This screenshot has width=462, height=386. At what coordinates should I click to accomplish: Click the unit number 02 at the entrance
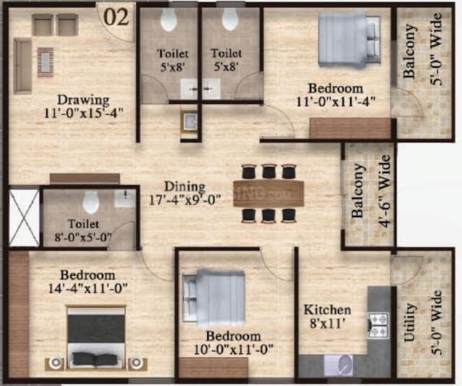tap(117, 17)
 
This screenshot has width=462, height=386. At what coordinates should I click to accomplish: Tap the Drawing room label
tap(84, 105)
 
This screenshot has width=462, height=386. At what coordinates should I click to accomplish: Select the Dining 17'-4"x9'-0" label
tap(185, 193)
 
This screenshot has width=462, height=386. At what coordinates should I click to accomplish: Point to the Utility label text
tap(410, 322)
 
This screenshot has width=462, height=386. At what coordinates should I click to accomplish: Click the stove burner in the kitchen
tap(378, 325)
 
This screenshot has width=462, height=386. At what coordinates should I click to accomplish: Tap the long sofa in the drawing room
tap(22, 66)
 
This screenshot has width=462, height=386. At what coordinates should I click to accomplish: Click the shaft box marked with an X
tap(22, 216)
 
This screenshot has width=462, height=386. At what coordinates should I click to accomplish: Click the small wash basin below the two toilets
tap(190, 122)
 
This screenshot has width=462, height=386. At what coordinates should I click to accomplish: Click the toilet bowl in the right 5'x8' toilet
tap(230, 20)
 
